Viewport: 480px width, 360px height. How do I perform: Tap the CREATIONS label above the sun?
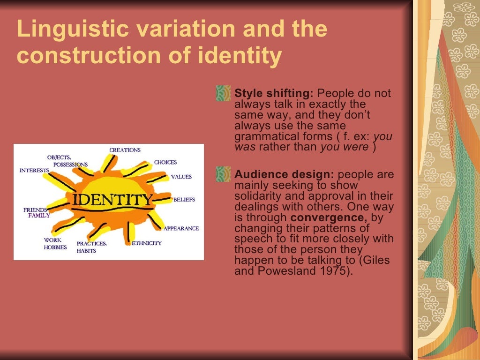tap(125, 150)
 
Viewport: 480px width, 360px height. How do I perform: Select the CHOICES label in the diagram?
tap(165, 162)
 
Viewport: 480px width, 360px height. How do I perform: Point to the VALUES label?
tap(181, 177)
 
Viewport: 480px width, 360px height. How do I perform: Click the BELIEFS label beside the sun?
tap(184, 200)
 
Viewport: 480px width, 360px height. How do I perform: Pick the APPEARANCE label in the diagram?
tap(181, 228)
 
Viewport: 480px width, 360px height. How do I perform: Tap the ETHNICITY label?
tap(147, 243)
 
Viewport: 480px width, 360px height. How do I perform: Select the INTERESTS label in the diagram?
tap(34, 170)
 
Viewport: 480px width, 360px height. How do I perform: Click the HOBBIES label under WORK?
tap(55, 247)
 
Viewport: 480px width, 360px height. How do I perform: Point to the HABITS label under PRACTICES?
tap(86, 251)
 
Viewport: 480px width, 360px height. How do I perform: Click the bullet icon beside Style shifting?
tap(223, 93)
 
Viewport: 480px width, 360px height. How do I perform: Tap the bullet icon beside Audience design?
tap(223, 174)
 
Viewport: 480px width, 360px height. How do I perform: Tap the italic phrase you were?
tap(344, 147)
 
